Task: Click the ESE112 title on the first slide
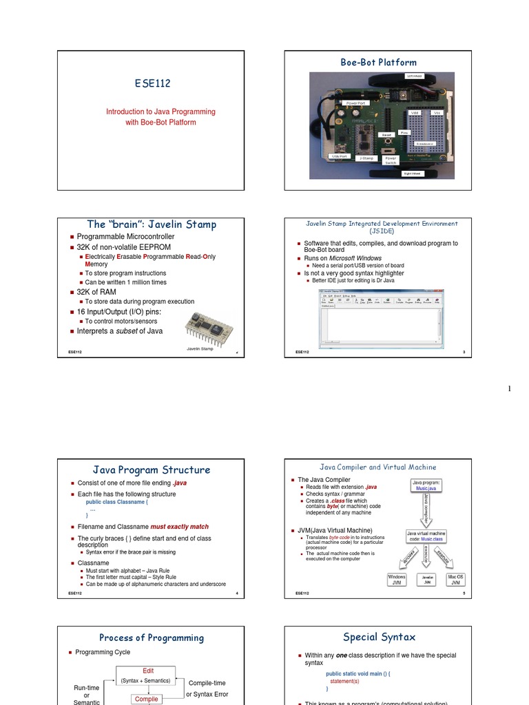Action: pyautogui.click(x=152, y=84)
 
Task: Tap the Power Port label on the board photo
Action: pyautogui.click(x=356, y=103)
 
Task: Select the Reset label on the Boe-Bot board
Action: pyautogui.click(x=386, y=135)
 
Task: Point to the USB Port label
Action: pyautogui.click(x=340, y=156)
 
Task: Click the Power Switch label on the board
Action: pyautogui.click(x=391, y=160)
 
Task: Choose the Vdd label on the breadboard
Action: pyautogui.click(x=415, y=112)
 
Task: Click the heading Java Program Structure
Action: pyautogui.click(x=152, y=470)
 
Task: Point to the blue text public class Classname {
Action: pyautogui.click(x=112, y=503)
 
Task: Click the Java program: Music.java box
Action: pyautogui.click(x=427, y=486)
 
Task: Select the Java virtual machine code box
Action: pyautogui.click(x=426, y=536)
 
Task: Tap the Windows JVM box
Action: pyautogui.click(x=397, y=580)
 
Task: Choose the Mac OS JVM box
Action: pyautogui.click(x=455, y=580)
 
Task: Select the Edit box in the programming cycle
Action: pyautogui.click(x=148, y=671)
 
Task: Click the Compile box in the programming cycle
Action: pyautogui.click(x=147, y=699)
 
